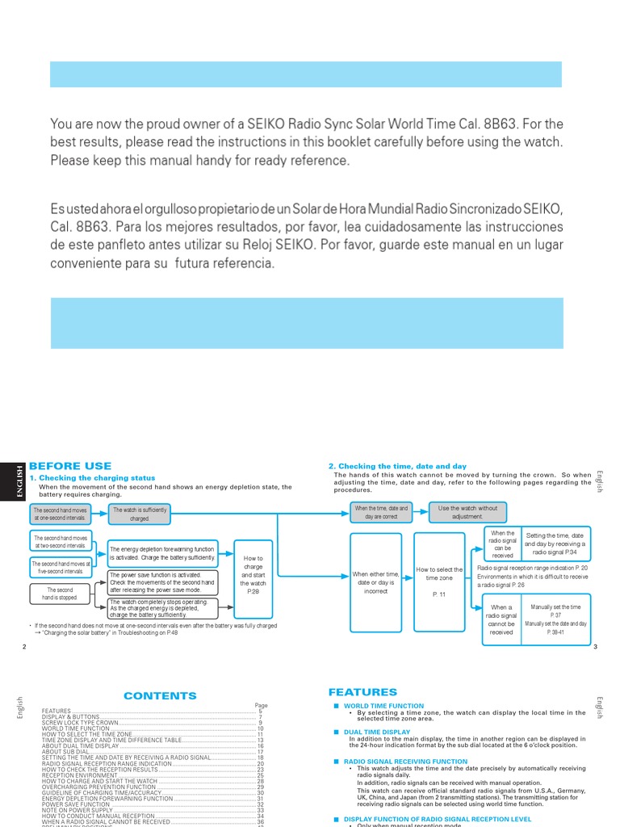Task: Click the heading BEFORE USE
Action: coord(69,466)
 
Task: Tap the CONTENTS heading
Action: coord(160,695)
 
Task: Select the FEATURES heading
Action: coord(362,692)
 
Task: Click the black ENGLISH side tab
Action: coord(11,482)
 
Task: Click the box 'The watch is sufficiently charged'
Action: coord(140,514)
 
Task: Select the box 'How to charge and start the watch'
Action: coord(253,574)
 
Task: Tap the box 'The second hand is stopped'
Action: coord(60,594)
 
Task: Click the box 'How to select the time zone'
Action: coord(439,581)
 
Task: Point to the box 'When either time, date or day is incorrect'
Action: coord(375,582)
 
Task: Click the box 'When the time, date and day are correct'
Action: coord(381,512)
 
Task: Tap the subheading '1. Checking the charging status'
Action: coord(92,478)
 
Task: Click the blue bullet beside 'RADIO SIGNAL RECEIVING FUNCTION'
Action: coord(335,762)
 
